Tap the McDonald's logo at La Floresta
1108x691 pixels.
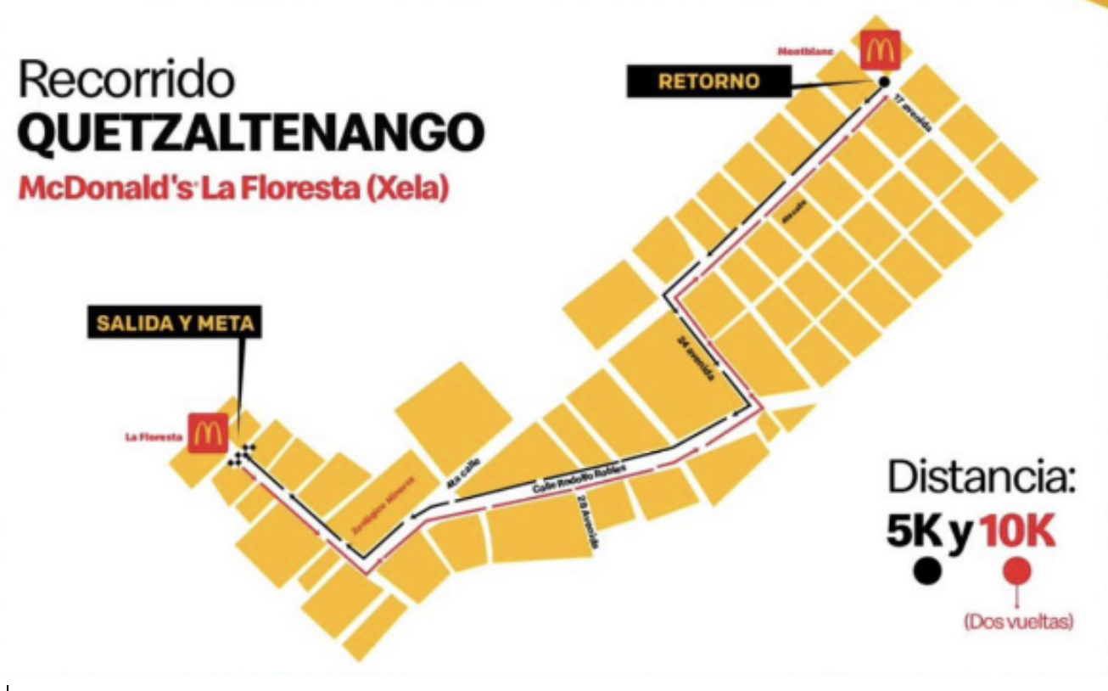[x=207, y=433]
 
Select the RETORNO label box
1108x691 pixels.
[x=708, y=82]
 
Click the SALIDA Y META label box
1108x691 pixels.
[x=175, y=323]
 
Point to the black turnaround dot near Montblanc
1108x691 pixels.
[x=882, y=81]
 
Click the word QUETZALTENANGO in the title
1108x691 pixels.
[x=251, y=132]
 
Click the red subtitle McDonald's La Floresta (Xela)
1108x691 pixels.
[x=232, y=188]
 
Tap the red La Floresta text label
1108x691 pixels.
[x=154, y=436]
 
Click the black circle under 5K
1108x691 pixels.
[x=927, y=571]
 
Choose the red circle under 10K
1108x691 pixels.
[x=1017, y=570]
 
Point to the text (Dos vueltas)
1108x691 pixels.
[x=1017, y=622]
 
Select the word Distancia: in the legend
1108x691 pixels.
[x=982, y=478]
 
